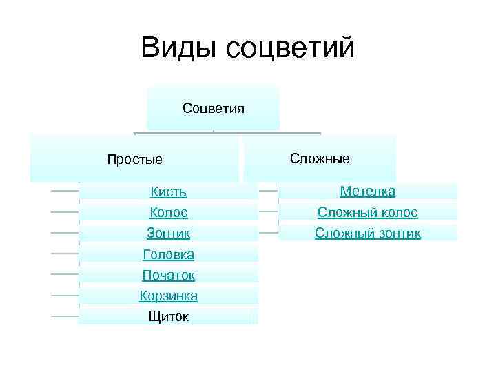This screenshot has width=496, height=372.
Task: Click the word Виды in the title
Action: tap(178, 48)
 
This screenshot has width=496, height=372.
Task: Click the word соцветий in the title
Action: tap(289, 48)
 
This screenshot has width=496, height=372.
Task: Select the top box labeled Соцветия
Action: tap(213, 108)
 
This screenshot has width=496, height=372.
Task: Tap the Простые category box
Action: tap(135, 159)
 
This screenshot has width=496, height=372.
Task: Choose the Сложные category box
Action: tap(320, 158)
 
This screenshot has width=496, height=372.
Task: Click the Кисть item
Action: tap(168, 192)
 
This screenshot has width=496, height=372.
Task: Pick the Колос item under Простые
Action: tap(168, 213)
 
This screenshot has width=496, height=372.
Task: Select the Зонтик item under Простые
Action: tap(168, 234)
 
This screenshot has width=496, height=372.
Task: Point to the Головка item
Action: tap(168, 254)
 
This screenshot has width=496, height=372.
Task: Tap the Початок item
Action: tap(168, 275)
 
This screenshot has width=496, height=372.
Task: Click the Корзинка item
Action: tap(168, 296)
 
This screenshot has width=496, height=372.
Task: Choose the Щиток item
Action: tap(168, 316)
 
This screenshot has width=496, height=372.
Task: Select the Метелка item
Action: tap(367, 191)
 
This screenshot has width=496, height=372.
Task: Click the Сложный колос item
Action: tap(367, 212)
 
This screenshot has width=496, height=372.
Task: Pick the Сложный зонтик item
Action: tap(367, 233)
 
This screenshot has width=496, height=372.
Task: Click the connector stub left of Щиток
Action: tap(65, 316)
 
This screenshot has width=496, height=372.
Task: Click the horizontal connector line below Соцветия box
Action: tap(227, 133)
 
